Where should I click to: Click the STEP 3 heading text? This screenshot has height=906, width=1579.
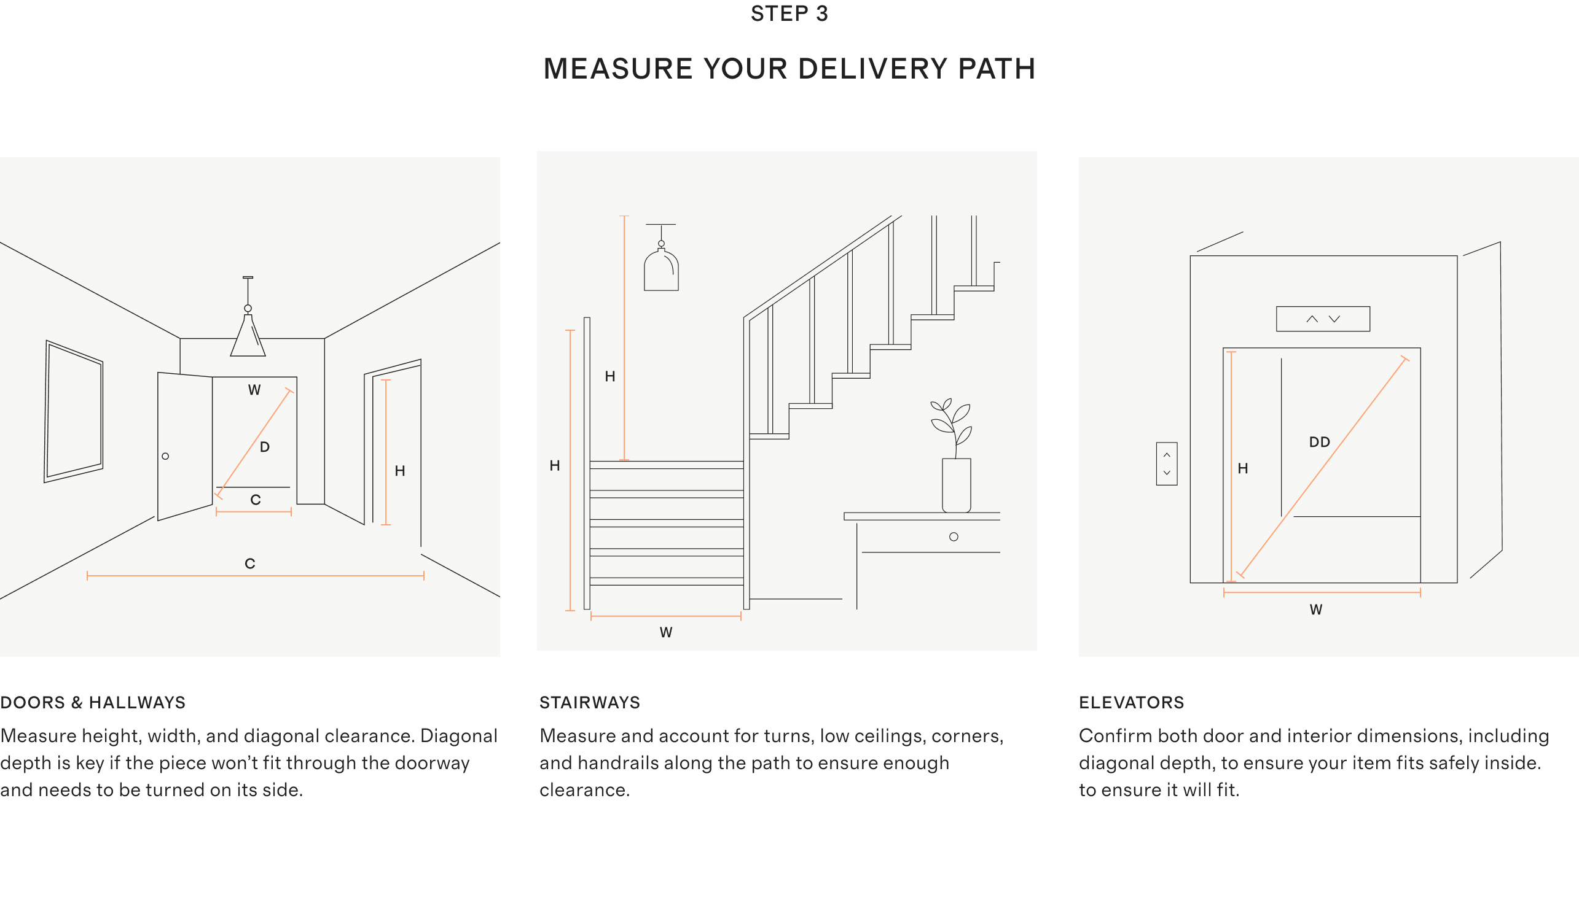coord(789,14)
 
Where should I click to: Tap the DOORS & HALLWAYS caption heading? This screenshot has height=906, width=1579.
coord(93,703)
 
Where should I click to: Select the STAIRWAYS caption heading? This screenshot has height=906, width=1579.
coord(590,703)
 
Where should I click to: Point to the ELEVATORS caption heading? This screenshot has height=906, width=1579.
coord(1131,703)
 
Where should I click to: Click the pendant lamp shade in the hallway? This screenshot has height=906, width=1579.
coord(248,339)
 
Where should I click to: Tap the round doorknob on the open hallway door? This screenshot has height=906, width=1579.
coord(165,456)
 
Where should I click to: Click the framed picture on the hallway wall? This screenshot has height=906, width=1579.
coord(74,411)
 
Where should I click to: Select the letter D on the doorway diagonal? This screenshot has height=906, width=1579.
coord(265,447)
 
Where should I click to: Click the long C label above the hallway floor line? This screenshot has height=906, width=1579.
coord(249,563)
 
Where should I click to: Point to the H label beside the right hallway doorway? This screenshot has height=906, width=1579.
coord(400,471)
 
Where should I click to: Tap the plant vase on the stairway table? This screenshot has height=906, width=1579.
coord(957,486)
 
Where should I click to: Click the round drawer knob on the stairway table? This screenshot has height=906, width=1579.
coord(954,536)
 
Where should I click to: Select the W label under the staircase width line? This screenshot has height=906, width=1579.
coord(665,633)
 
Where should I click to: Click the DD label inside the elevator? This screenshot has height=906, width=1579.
coord(1319,443)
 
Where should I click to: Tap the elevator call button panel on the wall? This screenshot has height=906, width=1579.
coord(1166,463)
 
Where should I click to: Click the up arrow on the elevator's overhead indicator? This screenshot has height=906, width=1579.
coord(1312,319)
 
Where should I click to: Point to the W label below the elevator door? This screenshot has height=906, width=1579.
coord(1315,610)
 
